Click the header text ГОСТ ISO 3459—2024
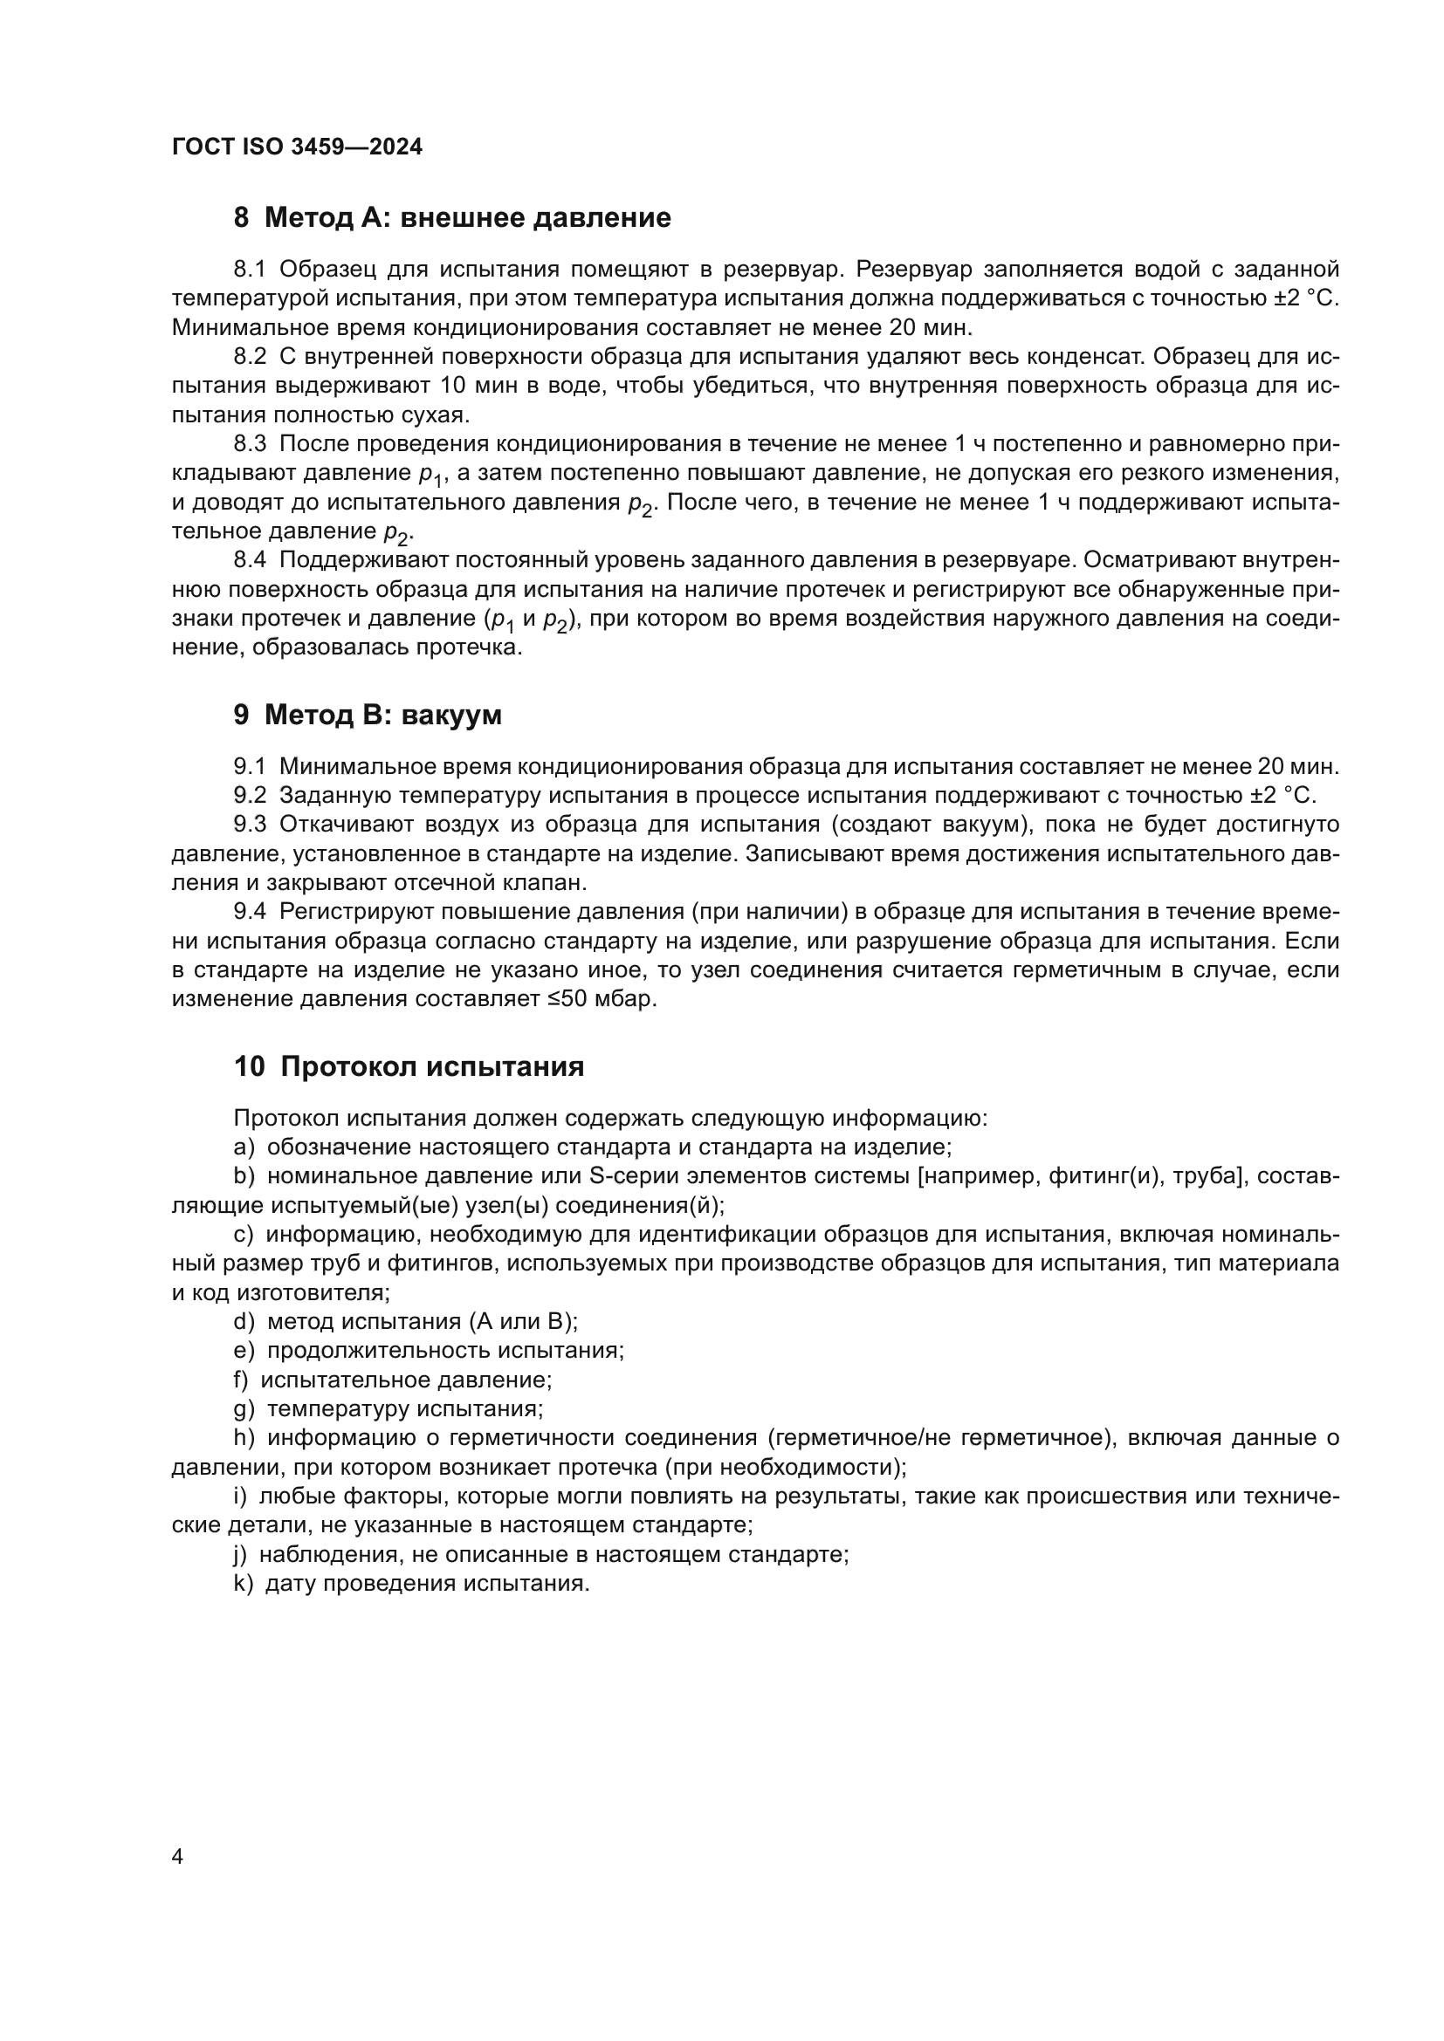297,147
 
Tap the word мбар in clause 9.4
629,999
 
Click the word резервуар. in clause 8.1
782,270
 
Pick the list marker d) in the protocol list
244,1322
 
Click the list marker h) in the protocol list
244,1438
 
